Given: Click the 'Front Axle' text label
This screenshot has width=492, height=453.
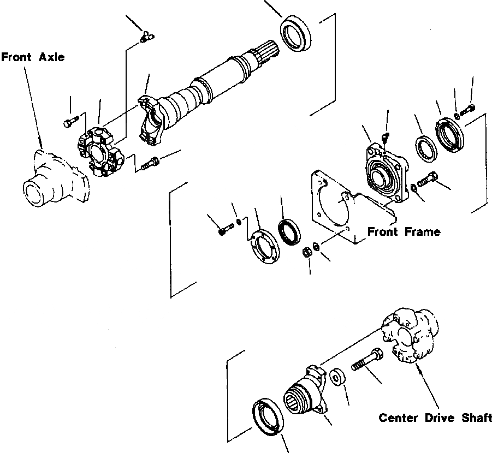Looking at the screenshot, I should pos(32,57).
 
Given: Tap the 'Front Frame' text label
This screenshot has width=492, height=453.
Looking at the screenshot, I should pos(404,231).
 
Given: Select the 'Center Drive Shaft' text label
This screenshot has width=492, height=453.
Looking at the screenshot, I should pos(435,419).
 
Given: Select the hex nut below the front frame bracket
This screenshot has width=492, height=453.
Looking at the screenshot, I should pos(307,252).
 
